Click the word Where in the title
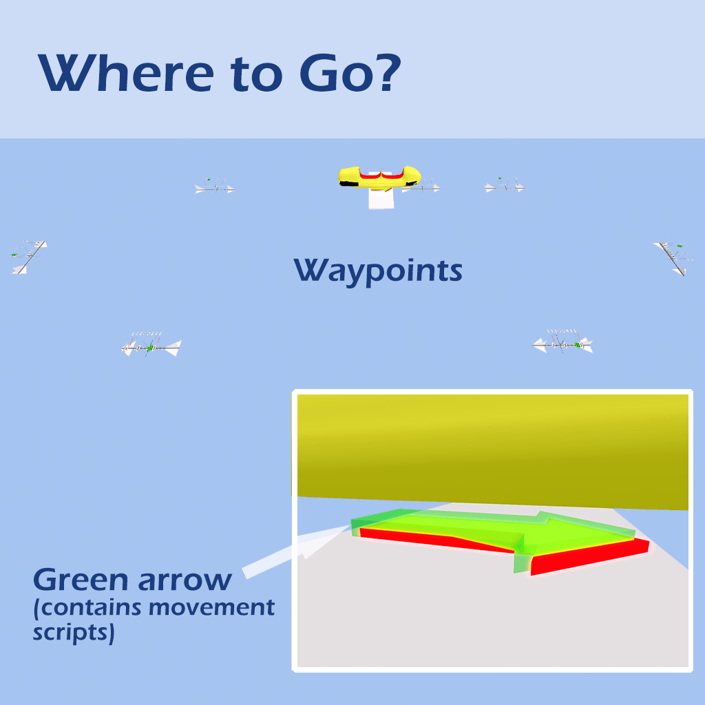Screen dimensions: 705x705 pyautogui.click(x=127, y=73)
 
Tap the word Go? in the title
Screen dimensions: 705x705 pyautogui.click(x=350, y=73)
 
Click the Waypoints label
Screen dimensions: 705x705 pyautogui.click(x=378, y=271)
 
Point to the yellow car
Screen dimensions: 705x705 pyautogui.click(x=379, y=176)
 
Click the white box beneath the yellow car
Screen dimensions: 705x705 pyautogui.click(x=381, y=198)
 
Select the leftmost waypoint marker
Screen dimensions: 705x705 pyautogui.click(x=28, y=257)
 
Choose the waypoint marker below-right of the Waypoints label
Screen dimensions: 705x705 pyautogui.click(x=563, y=343)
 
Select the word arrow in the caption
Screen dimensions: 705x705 pyautogui.click(x=185, y=580)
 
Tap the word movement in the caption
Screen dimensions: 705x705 pyautogui.click(x=212, y=607)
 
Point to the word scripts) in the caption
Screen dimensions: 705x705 pyautogui.click(x=74, y=633)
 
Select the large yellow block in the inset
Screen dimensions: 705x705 pyautogui.click(x=493, y=452)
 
